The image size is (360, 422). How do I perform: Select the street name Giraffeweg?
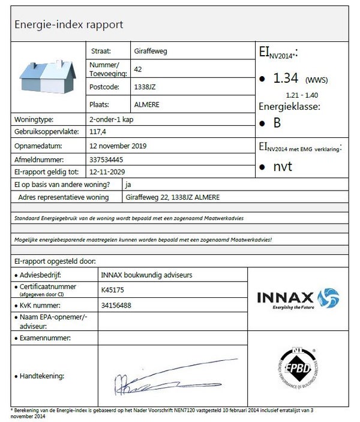coord(151,52)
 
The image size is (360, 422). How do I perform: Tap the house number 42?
coord(138,70)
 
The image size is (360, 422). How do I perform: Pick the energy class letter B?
coord(277,124)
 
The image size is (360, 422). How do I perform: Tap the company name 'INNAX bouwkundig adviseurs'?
coord(148,275)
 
